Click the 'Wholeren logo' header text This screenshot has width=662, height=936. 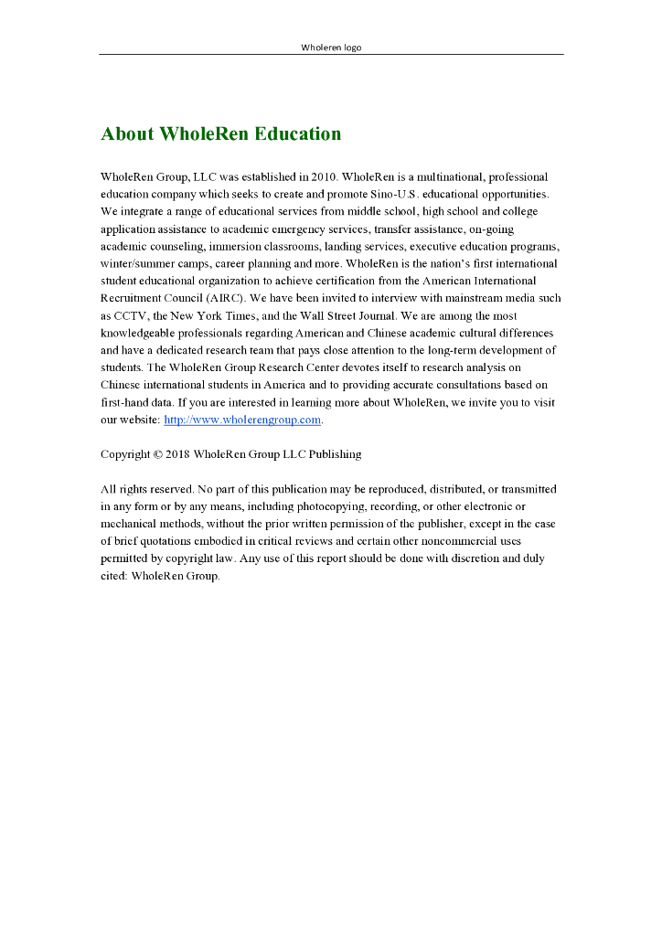[331, 48]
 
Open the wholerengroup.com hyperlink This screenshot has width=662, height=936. [242, 420]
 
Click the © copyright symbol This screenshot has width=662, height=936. [157, 454]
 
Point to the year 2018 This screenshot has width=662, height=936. [177, 454]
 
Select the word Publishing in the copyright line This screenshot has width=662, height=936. [335, 454]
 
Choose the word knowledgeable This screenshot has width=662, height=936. [143, 333]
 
